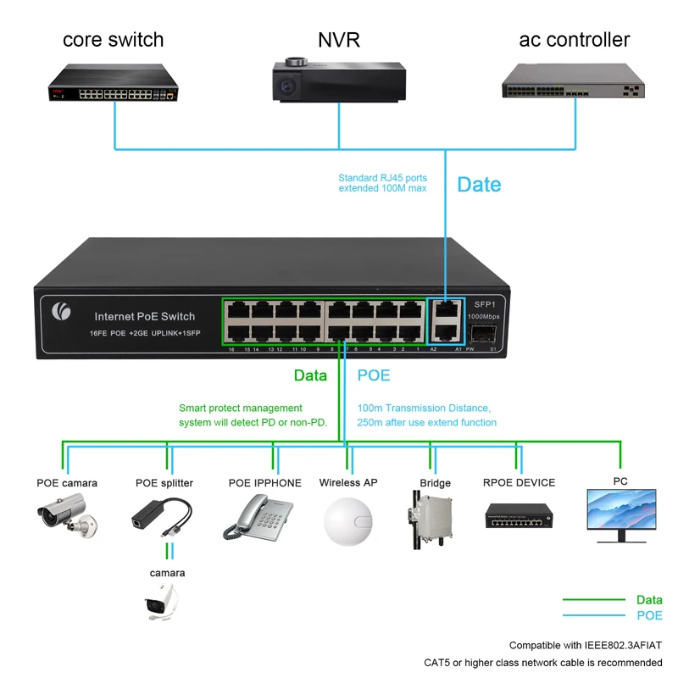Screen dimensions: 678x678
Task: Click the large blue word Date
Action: click(479, 185)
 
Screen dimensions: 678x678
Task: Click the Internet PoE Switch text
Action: click(145, 316)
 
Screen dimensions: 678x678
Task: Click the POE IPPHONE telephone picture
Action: click(264, 514)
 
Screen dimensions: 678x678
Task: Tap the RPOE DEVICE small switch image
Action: click(519, 514)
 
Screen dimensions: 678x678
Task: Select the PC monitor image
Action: click(620, 514)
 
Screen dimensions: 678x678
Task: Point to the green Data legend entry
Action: click(649, 600)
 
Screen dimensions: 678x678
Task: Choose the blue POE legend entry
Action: click(649, 615)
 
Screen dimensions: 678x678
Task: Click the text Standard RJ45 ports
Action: click(382, 178)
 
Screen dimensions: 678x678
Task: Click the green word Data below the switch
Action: click(310, 375)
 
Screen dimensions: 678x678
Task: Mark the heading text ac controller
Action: click(574, 40)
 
